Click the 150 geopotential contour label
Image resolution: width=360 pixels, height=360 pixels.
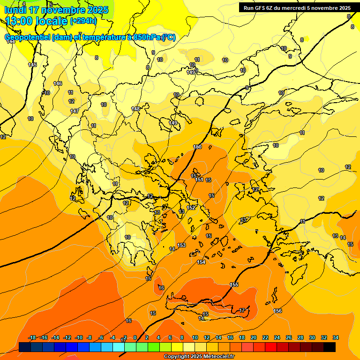pyautogui.click(x=197, y=147)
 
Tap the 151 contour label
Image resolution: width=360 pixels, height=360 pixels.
pyautogui.click(x=199, y=180)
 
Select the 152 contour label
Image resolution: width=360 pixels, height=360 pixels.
pyautogui.click(x=191, y=208)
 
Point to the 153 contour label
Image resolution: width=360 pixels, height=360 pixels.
pyautogui.click(x=181, y=245)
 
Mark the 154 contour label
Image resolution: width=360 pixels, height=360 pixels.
pyautogui.click(x=201, y=262)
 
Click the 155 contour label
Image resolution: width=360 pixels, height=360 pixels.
pyautogui.click(x=234, y=285)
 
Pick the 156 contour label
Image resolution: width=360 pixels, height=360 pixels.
pyautogui.click(x=277, y=311)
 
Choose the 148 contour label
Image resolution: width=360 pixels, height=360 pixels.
pyautogui.click(x=135, y=109)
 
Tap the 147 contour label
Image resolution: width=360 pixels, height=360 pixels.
pyautogui.click(x=75, y=111)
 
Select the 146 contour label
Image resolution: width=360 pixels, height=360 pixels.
pyautogui.click(x=58, y=83)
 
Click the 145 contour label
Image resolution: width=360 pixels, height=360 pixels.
pyautogui.click(x=32, y=65)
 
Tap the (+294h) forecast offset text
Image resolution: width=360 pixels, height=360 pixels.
pyautogui.click(x=83, y=21)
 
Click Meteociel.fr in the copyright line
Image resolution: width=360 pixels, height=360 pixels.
pyautogui.click(x=217, y=357)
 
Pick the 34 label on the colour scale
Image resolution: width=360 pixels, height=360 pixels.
pyautogui.click(x=335, y=337)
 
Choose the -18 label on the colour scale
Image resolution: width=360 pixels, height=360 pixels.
pyautogui.click(x=32, y=337)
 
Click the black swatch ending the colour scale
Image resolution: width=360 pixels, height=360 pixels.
pyautogui.click(x=330, y=347)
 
